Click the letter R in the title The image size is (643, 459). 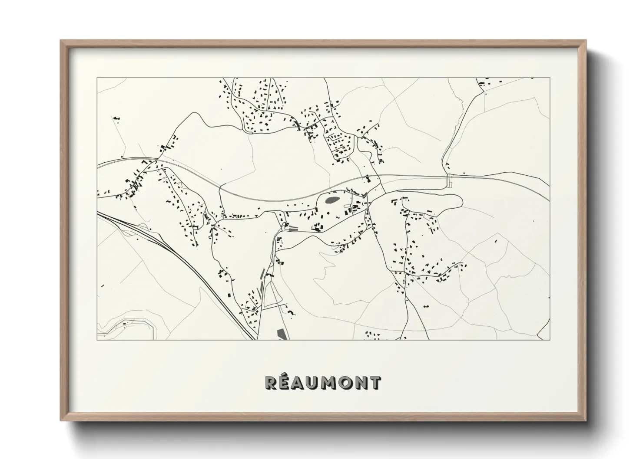(272, 383)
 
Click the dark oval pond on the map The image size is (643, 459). (331, 200)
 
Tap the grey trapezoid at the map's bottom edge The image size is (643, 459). (282, 334)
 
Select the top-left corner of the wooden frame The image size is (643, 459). (61, 41)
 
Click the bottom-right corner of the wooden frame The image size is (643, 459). (585, 420)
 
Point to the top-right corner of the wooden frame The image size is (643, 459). (585, 41)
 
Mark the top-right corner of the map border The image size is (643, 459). (550, 78)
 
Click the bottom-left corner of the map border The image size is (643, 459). (97, 340)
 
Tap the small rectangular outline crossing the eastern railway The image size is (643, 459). (450, 181)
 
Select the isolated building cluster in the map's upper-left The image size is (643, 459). (116, 118)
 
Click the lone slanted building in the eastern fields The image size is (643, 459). (497, 241)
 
